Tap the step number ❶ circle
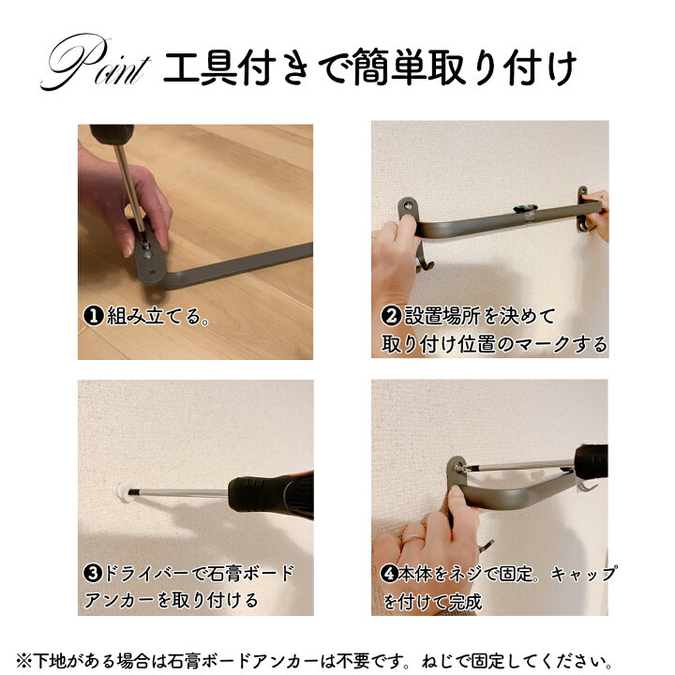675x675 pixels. [x=94, y=316]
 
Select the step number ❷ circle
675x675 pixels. [x=391, y=316]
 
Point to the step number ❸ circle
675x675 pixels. [x=93, y=574]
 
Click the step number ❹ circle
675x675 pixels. [x=389, y=574]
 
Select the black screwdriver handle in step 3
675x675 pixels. [x=271, y=496]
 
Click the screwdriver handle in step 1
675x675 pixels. [x=112, y=135]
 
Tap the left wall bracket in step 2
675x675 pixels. [x=408, y=210]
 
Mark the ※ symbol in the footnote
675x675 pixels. [x=23, y=660]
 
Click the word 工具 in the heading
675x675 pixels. [x=201, y=67]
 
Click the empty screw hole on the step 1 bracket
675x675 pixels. [x=152, y=272]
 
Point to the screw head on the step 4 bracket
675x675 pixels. [x=459, y=468]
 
